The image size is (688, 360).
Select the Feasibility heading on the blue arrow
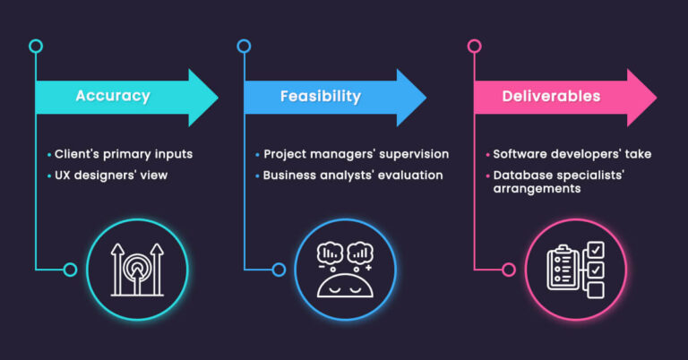(320, 96)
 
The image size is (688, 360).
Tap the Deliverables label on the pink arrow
(551, 96)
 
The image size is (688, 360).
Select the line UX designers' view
(111, 175)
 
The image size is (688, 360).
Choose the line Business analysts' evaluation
(352, 175)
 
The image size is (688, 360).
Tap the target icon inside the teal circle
(137, 269)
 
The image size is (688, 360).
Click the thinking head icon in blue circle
(345, 269)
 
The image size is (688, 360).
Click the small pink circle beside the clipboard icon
(509, 269)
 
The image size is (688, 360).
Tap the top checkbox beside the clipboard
(595, 249)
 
